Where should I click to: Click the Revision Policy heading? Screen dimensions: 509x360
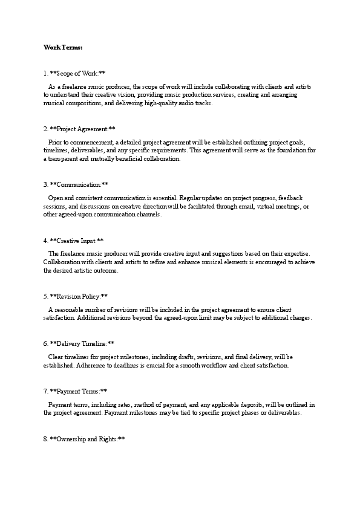(x=76, y=296)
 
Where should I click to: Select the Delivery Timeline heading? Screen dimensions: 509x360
(x=79, y=343)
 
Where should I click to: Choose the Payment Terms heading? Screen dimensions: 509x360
(x=76, y=391)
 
